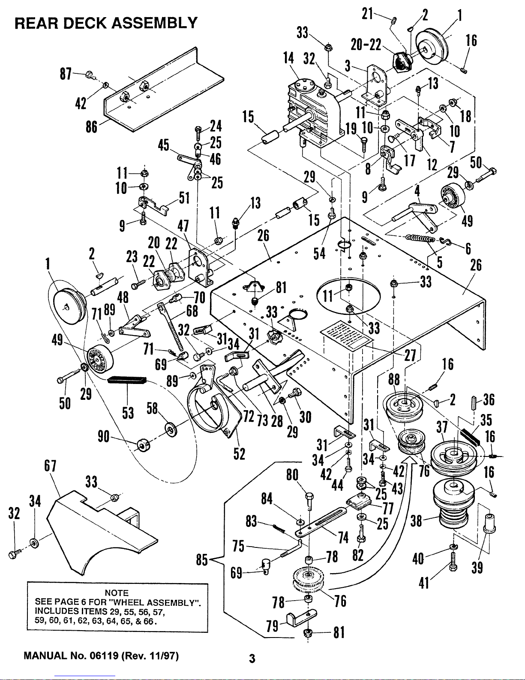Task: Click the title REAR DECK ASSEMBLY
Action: pyautogui.click(x=106, y=22)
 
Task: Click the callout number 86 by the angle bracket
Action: pyautogui.click(x=91, y=127)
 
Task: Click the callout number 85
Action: pyautogui.click(x=201, y=560)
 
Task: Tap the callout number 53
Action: pyautogui.click(x=128, y=413)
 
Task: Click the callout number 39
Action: pyautogui.click(x=477, y=568)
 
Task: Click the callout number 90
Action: pyautogui.click(x=103, y=437)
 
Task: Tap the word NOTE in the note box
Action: pyautogui.click(x=117, y=593)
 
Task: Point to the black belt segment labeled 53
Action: pyautogui.click(x=127, y=380)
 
